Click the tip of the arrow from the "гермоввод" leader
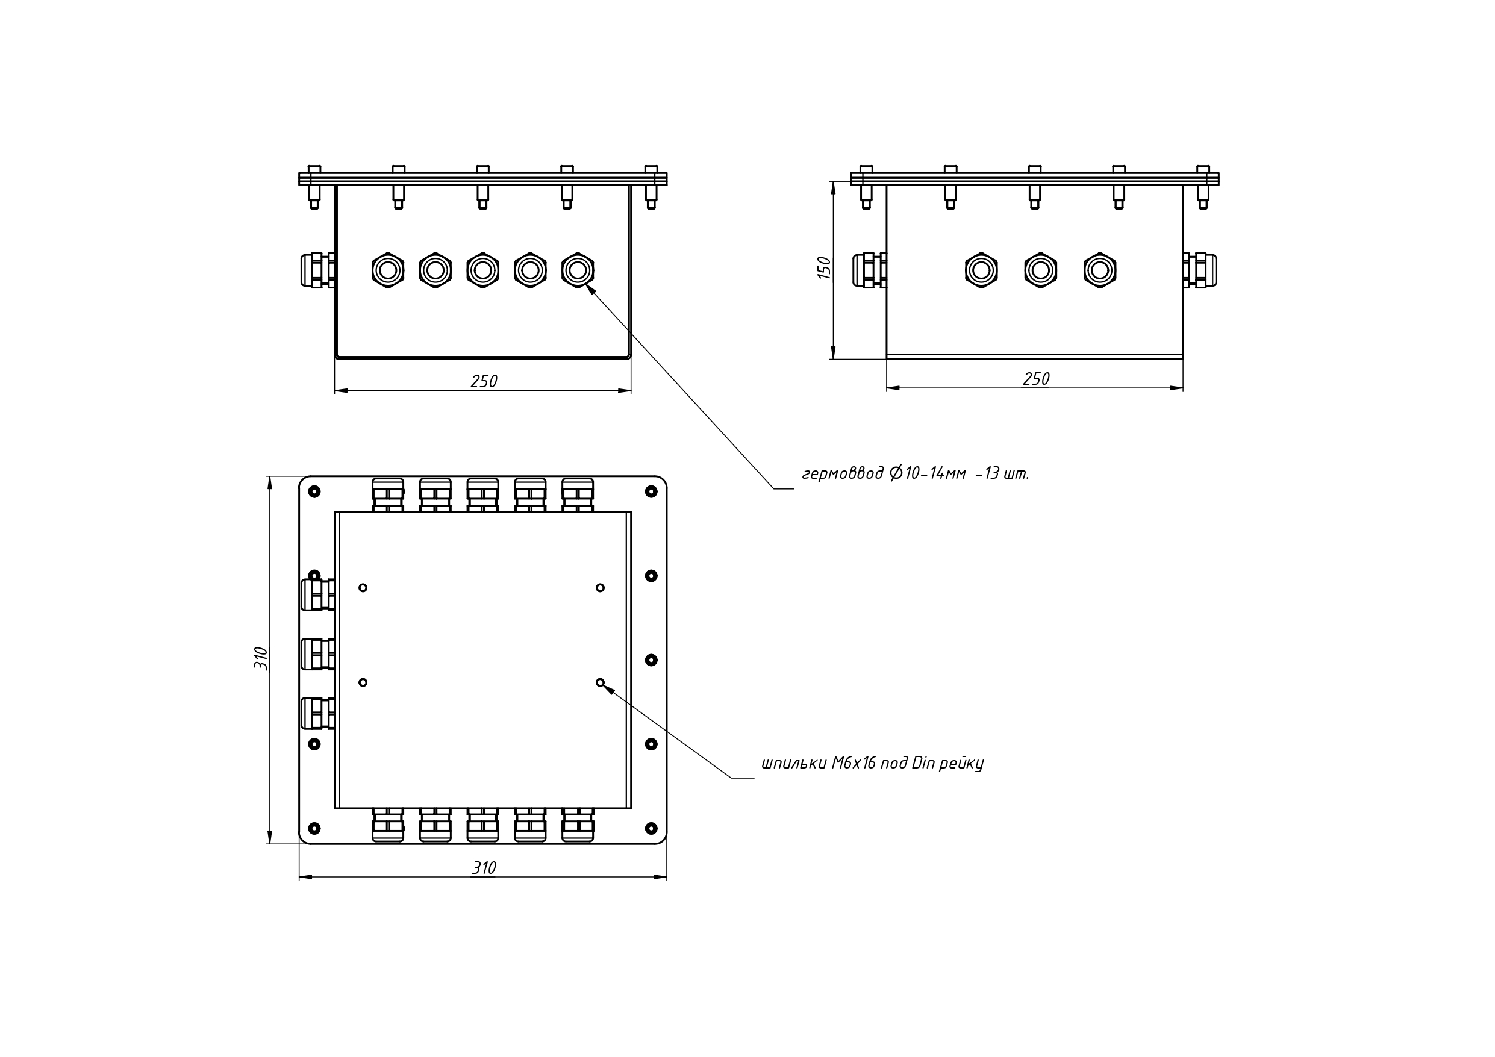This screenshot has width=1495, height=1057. click(587, 285)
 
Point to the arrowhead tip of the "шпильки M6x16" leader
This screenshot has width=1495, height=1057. click(604, 685)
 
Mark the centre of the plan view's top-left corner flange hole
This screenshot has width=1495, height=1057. click(314, 491)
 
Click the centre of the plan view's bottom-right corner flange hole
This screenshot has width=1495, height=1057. click(651, 828)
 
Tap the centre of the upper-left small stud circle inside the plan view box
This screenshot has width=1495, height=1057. click(363, 587)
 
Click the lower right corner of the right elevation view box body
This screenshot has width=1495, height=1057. click(1183, 358)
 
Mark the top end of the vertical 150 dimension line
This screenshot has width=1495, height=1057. click(834, 181)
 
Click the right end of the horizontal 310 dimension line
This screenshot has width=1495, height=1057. click(667, 876)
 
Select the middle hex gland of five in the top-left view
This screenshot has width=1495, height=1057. click(483, 270)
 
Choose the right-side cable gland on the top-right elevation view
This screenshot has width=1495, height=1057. click(1199, 270)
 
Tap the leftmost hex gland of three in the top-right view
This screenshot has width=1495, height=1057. click(981, 270)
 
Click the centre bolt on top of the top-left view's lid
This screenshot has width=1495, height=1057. click(482, 187)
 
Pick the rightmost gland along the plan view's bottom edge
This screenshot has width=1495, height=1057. click(578, 825)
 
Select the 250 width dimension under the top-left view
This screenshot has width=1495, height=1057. click(484, 382)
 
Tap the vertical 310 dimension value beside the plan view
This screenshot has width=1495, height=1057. click(260, 658)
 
